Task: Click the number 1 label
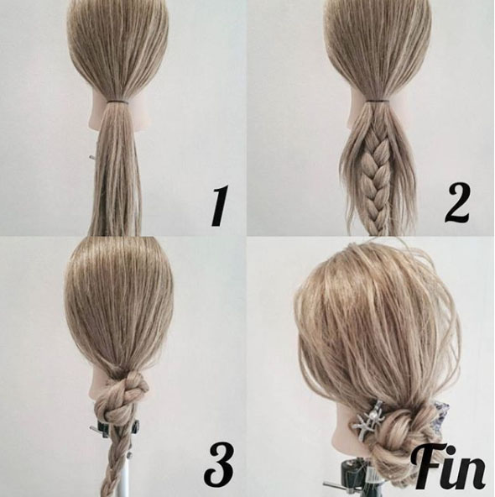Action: tap(219, 206)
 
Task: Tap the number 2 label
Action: tap(457, 203)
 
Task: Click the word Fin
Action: tap(449, 468)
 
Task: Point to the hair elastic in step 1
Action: tap(117, 102)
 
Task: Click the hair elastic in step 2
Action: tap(378, 101)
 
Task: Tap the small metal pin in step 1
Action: tap(92, 157)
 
